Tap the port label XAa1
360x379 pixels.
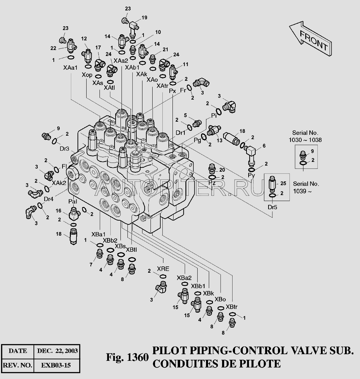(71, 68)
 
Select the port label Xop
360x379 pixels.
(87, 75)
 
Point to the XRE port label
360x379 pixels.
(163, 269)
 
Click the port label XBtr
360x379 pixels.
(232, 307)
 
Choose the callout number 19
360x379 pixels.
(144, 17)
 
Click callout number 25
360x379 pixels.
(283, 183)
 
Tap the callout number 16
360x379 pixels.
(59, 211)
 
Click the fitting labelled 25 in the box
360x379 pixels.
(273, 183)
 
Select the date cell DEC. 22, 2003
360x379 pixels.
(57, 351)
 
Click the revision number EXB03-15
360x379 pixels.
(56, 365)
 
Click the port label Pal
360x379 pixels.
(73, 201)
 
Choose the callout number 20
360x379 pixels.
(222, 170)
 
